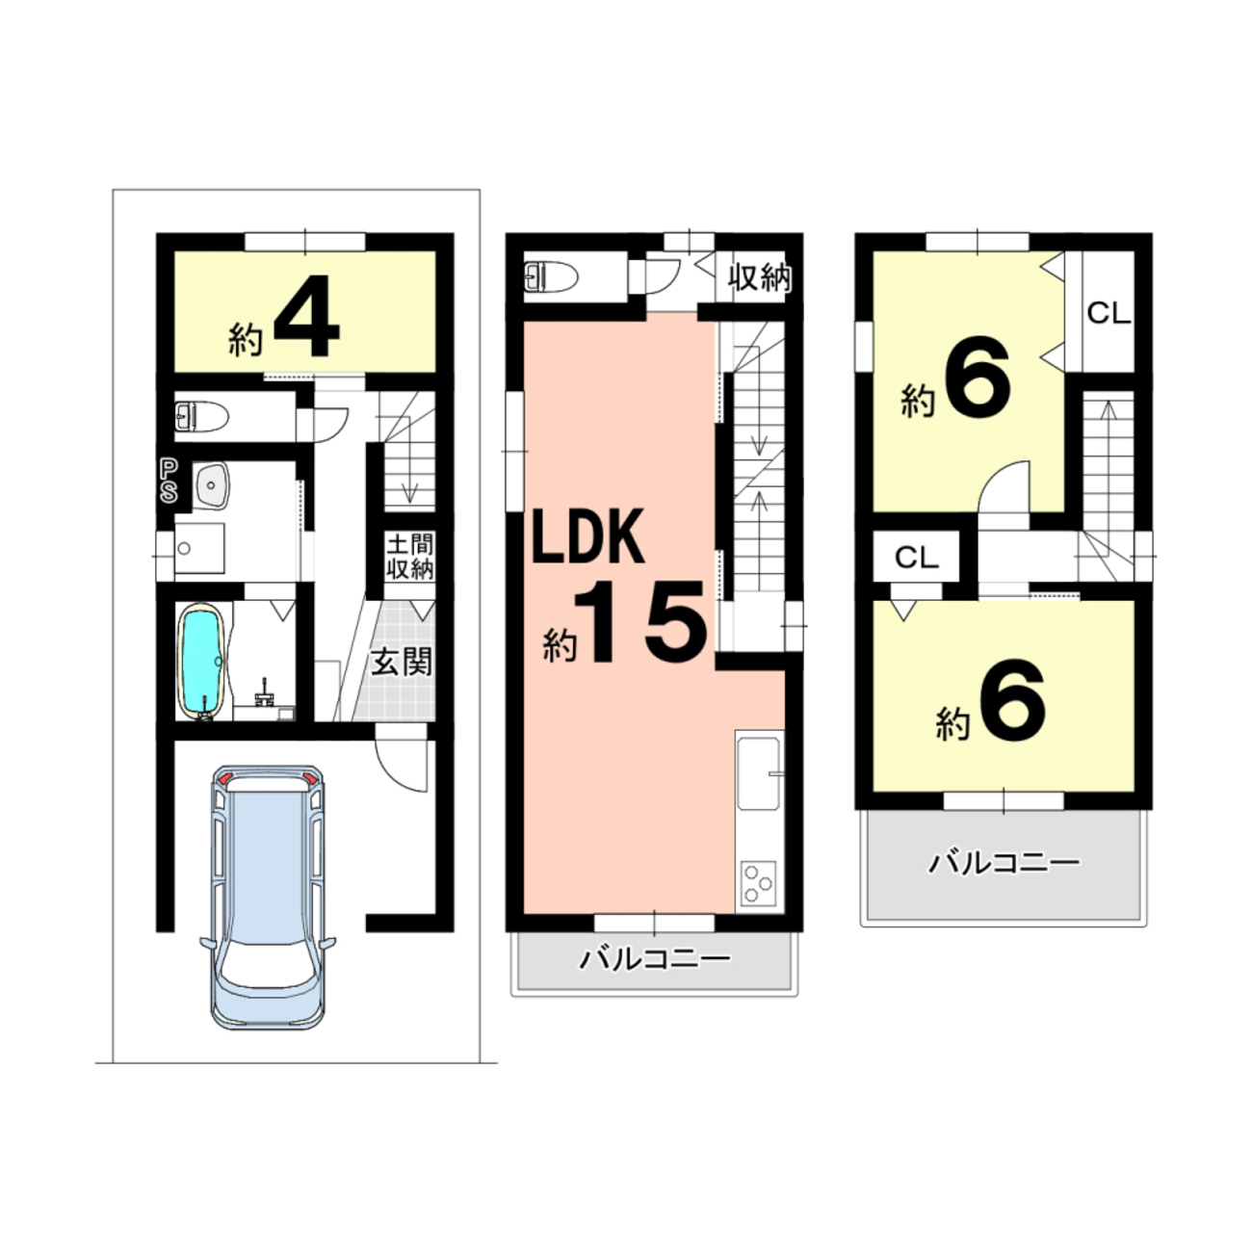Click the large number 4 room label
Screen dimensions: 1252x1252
coord(306,317)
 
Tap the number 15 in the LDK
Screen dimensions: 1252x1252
coord(640,622)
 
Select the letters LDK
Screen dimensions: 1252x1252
coord(588,536)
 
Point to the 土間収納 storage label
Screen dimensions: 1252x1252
coord(409,557)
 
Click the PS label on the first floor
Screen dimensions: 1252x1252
coord(169,481)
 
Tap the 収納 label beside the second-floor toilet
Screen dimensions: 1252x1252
coord(759,277)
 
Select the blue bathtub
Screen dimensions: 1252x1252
coord(202,662)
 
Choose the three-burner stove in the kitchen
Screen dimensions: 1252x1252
coord(759,881)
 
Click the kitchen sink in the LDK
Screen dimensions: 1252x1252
coord(758,773)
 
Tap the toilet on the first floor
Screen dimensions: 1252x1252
coord(201,416)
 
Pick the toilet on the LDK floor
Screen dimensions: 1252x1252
coord(550,277)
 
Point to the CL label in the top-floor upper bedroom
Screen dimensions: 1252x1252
coord(1109,314)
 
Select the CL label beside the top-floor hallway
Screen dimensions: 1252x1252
coord(916,557)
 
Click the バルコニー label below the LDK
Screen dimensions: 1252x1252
coord(655,959)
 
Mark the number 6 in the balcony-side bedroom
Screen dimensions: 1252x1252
coord(1011,700)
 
